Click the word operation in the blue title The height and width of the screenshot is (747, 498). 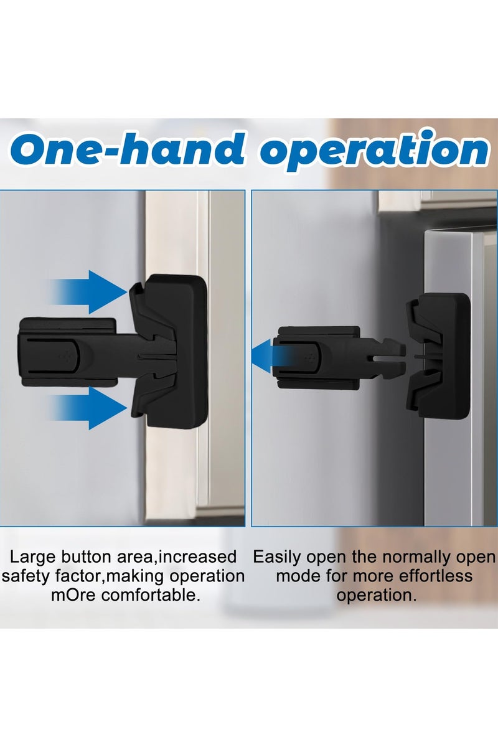(x=374, y=151)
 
